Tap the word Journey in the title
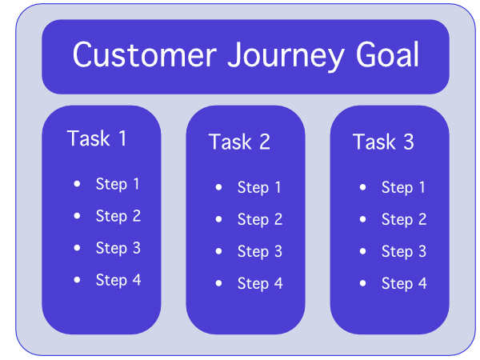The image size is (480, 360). [x=273, y=56]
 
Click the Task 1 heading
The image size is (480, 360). [x=97, y=138]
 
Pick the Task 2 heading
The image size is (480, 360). [x=239, y=142]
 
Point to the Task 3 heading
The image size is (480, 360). [x=383, y=142]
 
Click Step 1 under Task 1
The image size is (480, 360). [x=118, y=184]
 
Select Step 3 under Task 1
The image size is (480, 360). [x=118, y=248]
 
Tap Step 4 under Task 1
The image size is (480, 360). [x=118, y=280]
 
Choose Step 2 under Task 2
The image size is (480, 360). [x=259, y=219]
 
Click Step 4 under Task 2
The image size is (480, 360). [x=259, y=283]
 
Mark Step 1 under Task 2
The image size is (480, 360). [x=259, y=188]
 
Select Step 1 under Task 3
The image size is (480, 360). [x=403, y=188]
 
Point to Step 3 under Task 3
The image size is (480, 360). [x=403, y=251]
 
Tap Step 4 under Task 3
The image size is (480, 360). [x=403, y=283]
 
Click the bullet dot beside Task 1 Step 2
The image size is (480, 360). [x=77, y=216]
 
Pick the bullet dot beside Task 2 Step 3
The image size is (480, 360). [x=219, y=251]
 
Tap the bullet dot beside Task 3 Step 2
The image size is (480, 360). [x=363, y=219]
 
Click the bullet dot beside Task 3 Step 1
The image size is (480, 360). [x=363, y=187]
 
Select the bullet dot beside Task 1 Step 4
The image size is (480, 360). [x=77, y=280]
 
